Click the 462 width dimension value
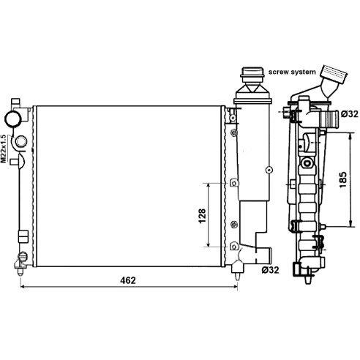128,280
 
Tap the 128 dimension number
202,216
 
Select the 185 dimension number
343,180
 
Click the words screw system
292,72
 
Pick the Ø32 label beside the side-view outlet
349,114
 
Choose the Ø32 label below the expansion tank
270,270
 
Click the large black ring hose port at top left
12,119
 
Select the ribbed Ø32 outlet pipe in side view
329,119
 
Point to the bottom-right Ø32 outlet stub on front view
263,255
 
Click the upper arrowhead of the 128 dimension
208,186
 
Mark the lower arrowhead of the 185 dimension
350,224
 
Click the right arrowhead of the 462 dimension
235,286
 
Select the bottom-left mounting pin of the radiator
20,271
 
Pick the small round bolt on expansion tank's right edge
269,170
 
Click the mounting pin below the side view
308,279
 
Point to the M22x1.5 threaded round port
21,141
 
